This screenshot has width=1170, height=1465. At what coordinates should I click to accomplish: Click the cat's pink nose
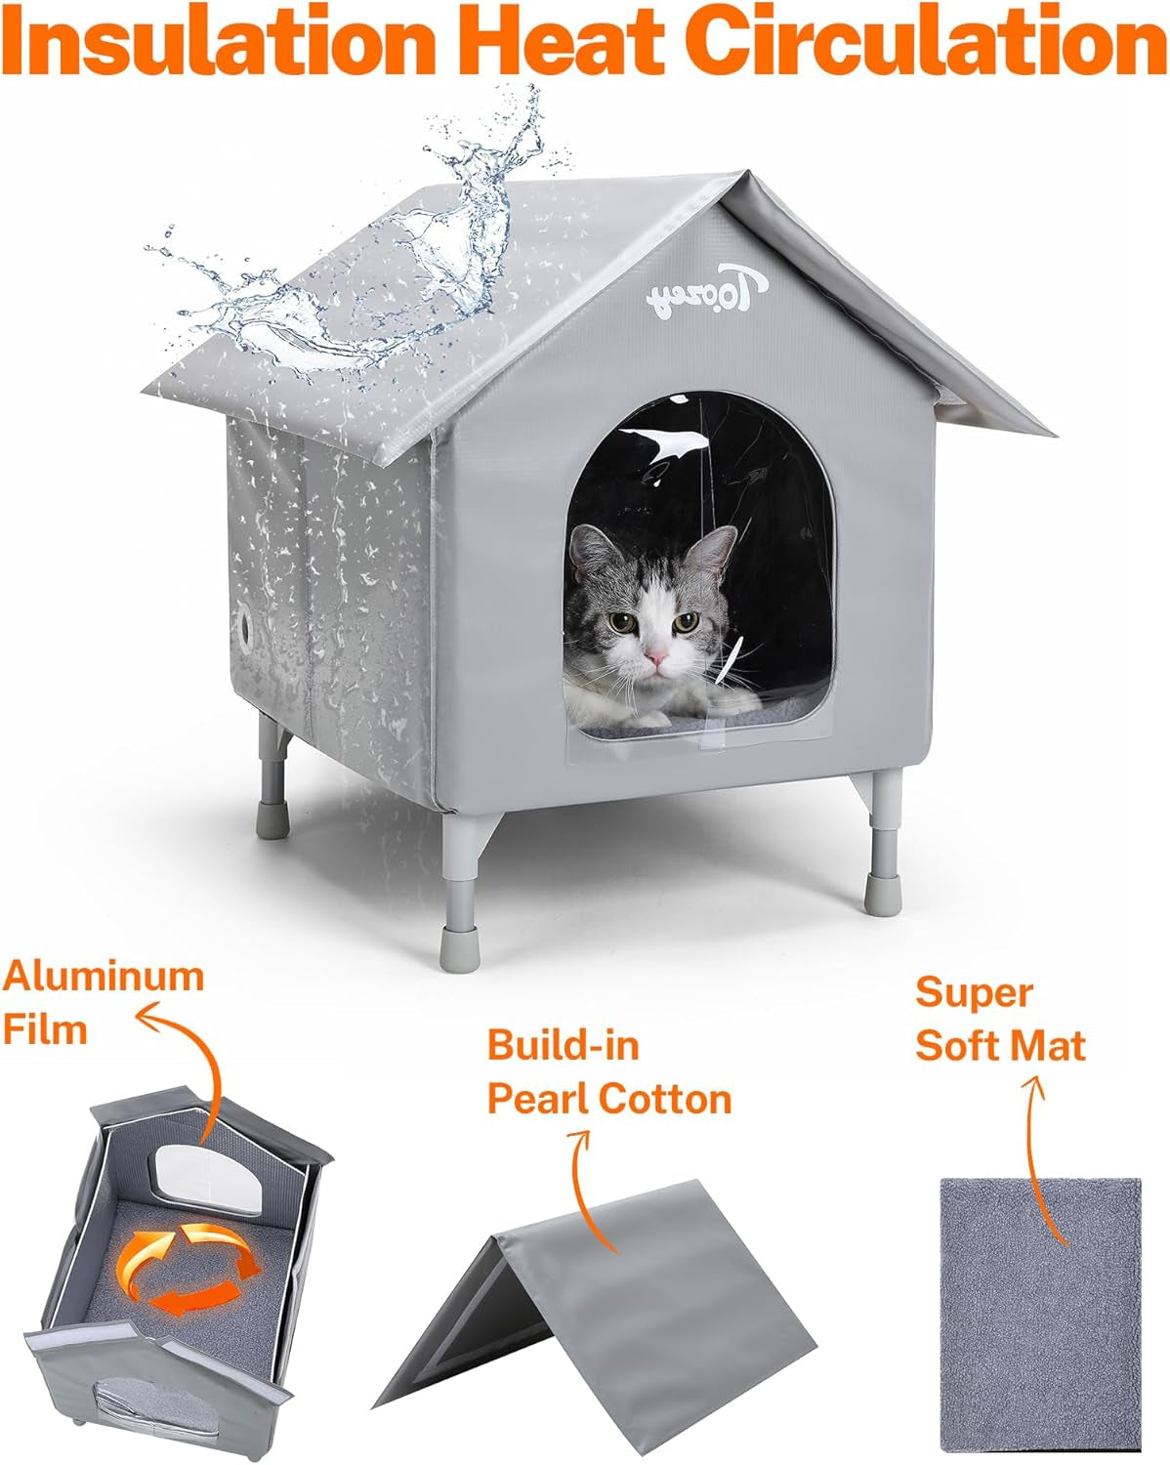[x=657, y=656]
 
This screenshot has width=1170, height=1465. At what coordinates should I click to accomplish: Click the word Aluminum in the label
[x=104, y=976]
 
